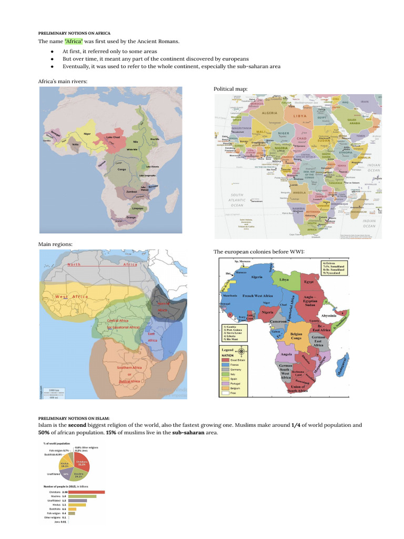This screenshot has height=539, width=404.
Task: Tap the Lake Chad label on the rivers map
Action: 113,137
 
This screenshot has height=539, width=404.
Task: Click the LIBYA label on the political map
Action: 300,116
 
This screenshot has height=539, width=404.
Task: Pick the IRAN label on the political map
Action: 364,102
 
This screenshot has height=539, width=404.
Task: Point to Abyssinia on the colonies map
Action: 331,314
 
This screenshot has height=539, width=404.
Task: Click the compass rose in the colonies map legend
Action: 241,351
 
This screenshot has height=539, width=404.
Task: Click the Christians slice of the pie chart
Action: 83,463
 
